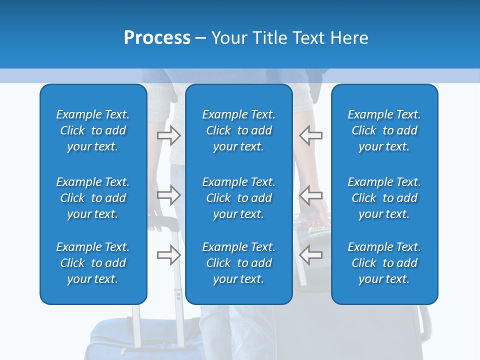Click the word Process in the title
click(x=157, y=38)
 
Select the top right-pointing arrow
click(x=168, y=135)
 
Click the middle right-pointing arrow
click(x=168, y=194)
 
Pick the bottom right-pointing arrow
click(x=168, y=255)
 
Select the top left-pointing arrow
click(x=311, y=135)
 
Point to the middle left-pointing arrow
click(x=311, y=194)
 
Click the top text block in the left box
click(x=93, y=130)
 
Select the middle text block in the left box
click(x=93, y=198)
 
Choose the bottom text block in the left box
click(x=93, y=263)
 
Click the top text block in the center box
click(x=238, y=130)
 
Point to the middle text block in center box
click(x=238, y=198)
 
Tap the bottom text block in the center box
click(x=238, y=263)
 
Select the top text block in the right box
click(x=384, y=130)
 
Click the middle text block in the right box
click(x=384, y=198)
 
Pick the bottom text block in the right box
click(x=384, y=263)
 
